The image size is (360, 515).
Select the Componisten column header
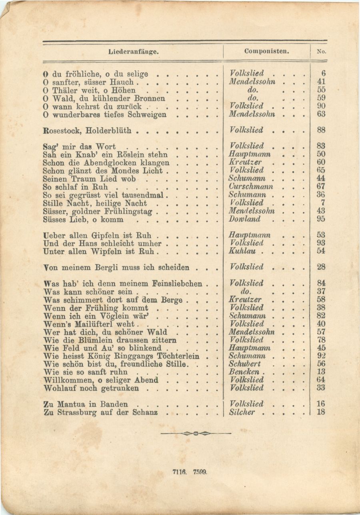point(267,51)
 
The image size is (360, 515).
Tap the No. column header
point(321,51)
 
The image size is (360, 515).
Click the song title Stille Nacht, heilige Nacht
point(95,203)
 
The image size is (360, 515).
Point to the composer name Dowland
point(245,219)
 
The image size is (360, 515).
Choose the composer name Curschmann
point(251,187)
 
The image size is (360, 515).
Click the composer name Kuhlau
point(242,251)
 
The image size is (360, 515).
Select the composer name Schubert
point(245,364)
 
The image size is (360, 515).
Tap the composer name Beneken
point(244,372)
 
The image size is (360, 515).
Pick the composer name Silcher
point(242,413)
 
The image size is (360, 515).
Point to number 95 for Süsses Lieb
point(321,219)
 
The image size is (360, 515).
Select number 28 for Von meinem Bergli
point(321,267)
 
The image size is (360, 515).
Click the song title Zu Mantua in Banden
point(86,405)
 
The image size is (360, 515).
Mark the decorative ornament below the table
point(196,433)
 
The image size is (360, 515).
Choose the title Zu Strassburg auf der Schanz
point(100,413)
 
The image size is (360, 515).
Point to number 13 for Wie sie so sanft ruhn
point(321,372)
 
